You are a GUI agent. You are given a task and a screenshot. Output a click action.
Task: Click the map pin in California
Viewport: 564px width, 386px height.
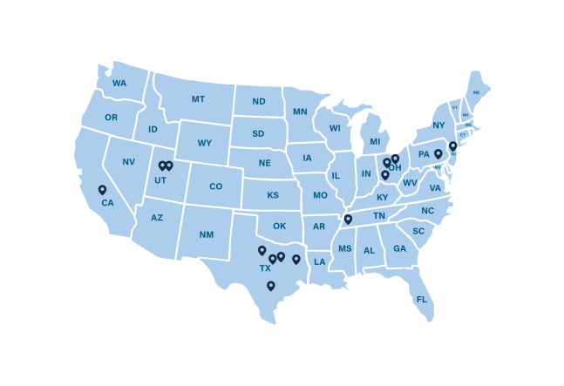(x=102, y=189)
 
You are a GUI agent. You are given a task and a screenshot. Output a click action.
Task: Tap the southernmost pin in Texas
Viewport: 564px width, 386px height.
(x=270, y=285)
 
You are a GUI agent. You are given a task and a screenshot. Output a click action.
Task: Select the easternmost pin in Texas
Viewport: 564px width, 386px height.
(x=296, y=259)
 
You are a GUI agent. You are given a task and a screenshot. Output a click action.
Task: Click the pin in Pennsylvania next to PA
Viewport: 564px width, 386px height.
(x=438, y=153)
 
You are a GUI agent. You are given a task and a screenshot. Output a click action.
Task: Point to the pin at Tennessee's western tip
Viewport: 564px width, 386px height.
(x=347, y=219)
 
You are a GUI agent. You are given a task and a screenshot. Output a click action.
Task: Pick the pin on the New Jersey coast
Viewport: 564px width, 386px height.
(x=452, y=146)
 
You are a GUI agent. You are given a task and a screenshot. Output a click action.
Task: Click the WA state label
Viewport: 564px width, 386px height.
(x=119, y=84)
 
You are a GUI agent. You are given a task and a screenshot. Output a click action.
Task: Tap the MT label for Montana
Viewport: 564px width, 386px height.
(x=198, y=99)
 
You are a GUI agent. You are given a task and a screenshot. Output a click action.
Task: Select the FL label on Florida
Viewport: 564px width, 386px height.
(x=422, y=300)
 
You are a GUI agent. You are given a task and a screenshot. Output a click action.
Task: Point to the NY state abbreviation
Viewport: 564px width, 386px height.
(x=438, y=125)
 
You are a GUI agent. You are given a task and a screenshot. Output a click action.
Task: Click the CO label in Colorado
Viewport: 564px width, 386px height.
(x=215, y=186)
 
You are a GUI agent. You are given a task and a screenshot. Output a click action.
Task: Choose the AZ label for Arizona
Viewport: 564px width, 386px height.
(x=157, y=218)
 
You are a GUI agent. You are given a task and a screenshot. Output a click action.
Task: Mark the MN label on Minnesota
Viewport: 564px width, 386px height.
(x=300, y=112)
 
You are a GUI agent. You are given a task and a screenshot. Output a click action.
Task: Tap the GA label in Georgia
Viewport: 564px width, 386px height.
(x=399, y=249)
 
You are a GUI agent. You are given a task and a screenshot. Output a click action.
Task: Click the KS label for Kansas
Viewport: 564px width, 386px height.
(x=272, y=195)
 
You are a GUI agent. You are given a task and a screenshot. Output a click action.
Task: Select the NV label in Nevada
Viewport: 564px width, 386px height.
(x=129, y=162)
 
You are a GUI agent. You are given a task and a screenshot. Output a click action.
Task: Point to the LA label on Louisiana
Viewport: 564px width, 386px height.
(x=320, y=261)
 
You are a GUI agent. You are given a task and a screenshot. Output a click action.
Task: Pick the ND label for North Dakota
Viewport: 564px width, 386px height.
(x=259, y=102)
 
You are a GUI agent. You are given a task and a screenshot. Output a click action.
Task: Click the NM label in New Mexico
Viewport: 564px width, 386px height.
(x=206, y=234)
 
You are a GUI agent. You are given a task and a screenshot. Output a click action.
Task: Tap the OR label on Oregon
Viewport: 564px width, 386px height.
(x=111, y=118)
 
